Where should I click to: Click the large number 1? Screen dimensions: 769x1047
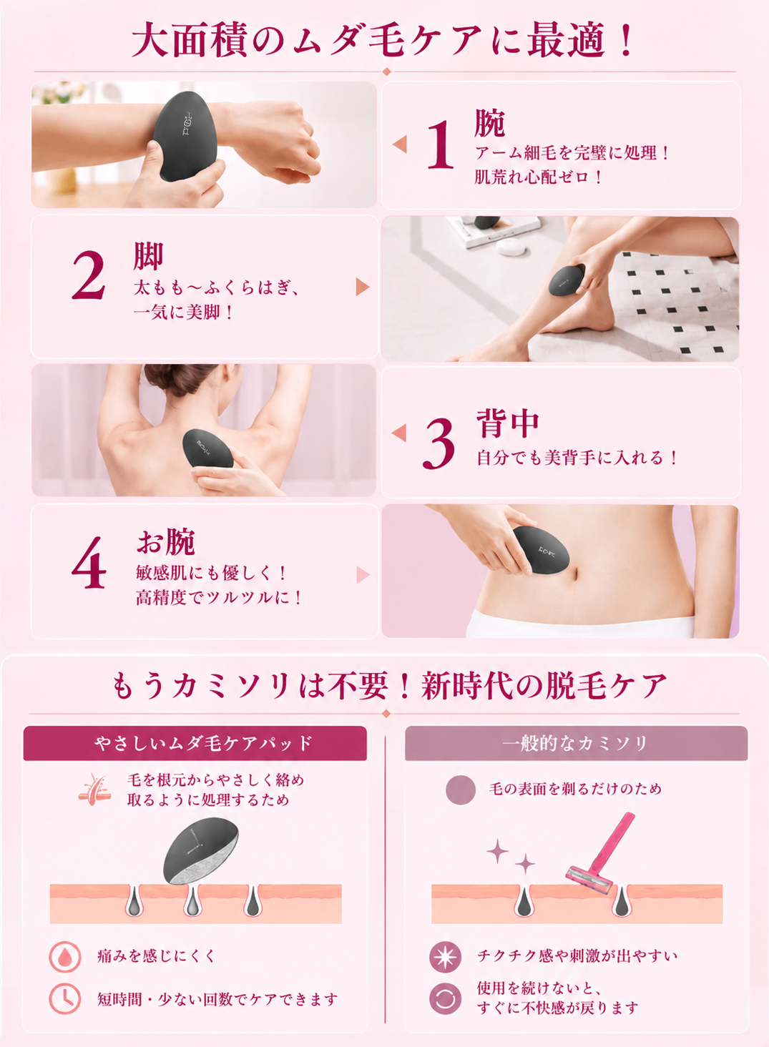441,144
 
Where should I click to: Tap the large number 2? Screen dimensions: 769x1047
89,275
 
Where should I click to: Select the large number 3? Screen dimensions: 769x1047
439,443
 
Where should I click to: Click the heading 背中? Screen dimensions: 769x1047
508,423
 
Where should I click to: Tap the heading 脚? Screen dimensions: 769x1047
148,256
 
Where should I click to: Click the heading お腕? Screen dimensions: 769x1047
166,542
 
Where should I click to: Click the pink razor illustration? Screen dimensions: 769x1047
601,853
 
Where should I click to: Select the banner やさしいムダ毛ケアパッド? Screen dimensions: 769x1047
195,743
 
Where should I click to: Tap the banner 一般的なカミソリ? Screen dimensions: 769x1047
576,743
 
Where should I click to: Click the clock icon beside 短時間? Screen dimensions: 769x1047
65,999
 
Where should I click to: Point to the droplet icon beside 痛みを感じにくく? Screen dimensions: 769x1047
65,957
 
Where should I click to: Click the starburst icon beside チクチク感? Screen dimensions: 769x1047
445,957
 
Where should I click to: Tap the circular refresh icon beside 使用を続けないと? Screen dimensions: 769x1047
445,999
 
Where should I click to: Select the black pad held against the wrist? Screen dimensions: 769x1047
185,136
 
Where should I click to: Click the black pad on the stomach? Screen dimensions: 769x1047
540,550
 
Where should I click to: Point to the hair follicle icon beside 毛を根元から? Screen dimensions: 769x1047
94,790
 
